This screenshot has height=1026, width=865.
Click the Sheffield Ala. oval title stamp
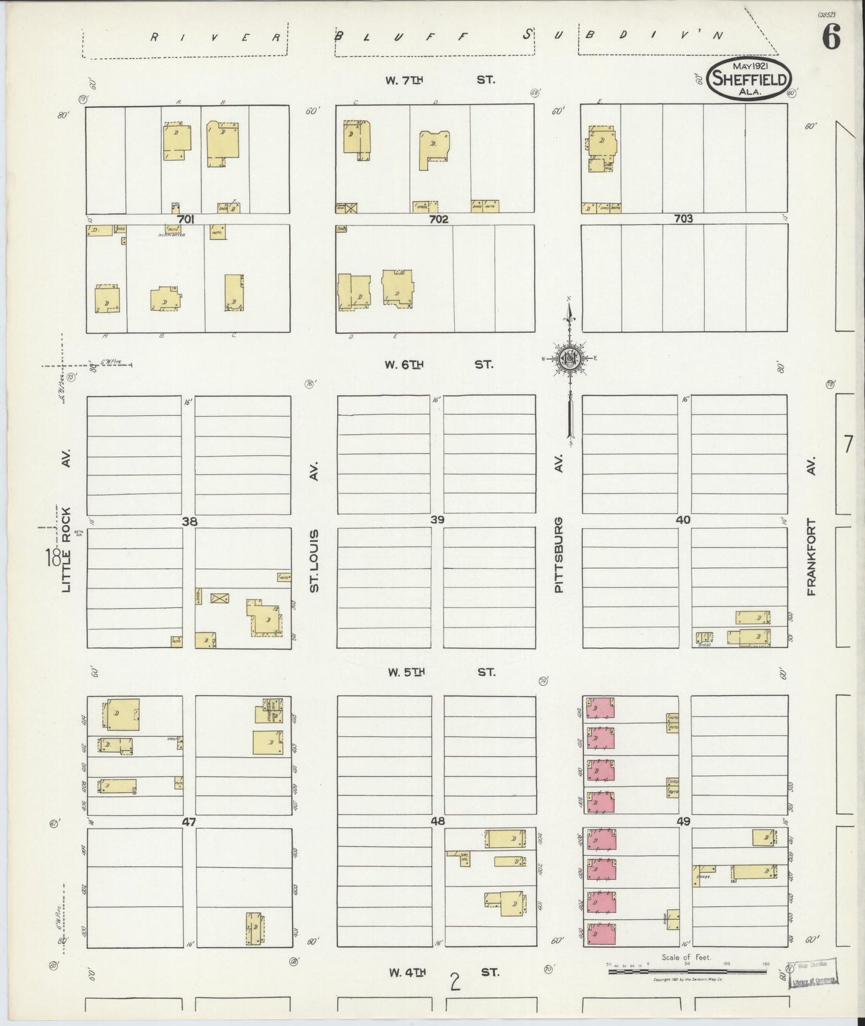(x=750, y=80)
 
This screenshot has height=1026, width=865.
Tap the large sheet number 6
(x=831, y=39)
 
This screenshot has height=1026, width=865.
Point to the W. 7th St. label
(x=440, y=79)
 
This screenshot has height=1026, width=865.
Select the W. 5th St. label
(x=441, y=672)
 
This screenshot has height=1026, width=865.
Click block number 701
(x=186, y=220)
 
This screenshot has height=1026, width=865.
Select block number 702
(x=438, y=220)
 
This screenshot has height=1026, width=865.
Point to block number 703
(x=683, y=219)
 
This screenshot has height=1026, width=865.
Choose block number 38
(x=190, y=521)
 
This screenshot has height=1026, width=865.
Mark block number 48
(x=438, y=821)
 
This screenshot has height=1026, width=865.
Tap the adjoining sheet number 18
(x=52, y=558)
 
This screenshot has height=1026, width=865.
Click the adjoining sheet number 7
(x=847, y=445)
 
